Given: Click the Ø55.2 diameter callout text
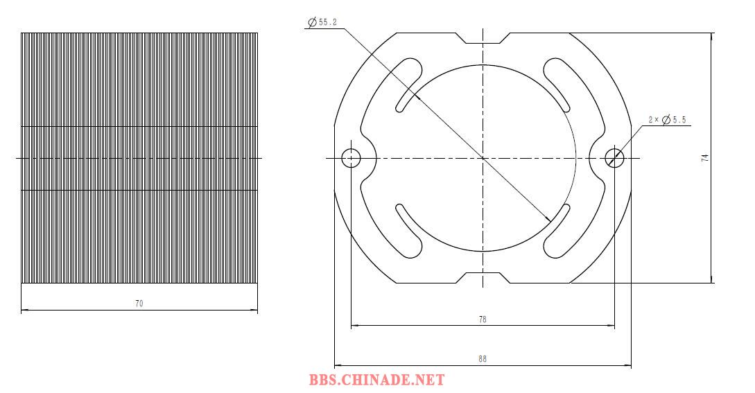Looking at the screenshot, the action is (x=322, y=22).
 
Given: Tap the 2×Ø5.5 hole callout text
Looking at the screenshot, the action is (x=668, y=119).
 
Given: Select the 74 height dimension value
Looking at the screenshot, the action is (x=705, y=157).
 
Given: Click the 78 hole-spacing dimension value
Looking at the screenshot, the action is (x=483, y=320).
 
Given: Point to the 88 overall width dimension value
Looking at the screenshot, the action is (x=483, y=359).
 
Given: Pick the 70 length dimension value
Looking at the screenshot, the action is (x=139, y=304).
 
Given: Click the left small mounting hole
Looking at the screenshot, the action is (x=351, y=157).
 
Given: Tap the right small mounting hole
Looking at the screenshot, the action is (x=614, y=157).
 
